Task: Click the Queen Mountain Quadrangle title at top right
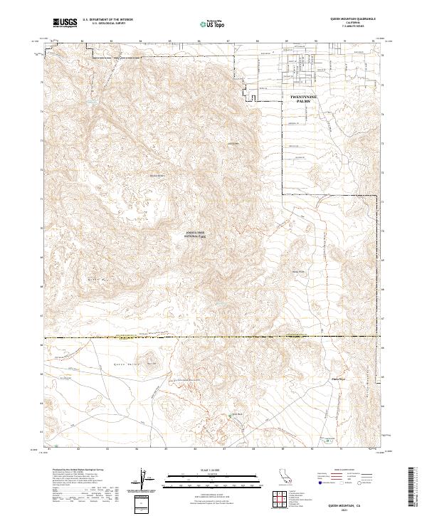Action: [350, 20]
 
